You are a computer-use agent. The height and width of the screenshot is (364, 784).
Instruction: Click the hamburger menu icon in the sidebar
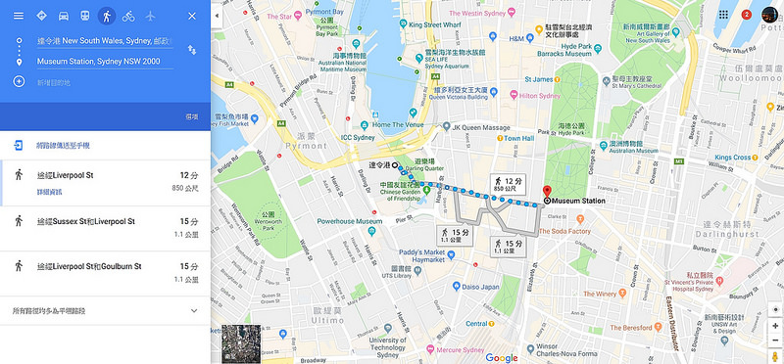18,17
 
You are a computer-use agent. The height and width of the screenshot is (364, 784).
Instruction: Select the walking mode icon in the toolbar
106,17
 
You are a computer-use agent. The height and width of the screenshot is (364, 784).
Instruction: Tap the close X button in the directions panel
191,17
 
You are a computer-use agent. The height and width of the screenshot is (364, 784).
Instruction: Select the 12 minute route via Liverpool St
65,174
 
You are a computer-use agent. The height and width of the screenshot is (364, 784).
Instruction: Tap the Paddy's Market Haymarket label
416,254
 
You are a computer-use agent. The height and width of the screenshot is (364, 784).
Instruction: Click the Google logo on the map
502,357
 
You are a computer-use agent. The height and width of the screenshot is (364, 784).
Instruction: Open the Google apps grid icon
723,16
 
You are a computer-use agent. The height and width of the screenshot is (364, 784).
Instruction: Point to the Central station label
477,324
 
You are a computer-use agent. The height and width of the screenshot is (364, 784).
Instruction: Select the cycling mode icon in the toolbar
127,17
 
